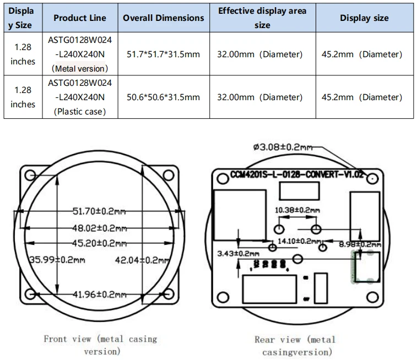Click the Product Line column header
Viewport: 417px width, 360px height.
pos(80,18)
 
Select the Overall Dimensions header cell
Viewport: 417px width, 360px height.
pos(163,18)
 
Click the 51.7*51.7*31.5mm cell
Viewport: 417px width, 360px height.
pos(163,54)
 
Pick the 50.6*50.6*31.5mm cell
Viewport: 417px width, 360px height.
pos(163,97)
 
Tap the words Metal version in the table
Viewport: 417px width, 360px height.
pos(80,69)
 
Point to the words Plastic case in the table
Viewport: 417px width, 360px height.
pos(80,112)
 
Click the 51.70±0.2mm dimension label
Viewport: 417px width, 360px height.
pos(99,211)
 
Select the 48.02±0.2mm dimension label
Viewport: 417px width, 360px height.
pos(100,228)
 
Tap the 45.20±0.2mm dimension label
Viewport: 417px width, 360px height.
pos(100,243)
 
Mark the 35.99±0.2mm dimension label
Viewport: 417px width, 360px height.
pos(57,260)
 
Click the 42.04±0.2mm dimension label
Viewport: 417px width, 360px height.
pos(142,260)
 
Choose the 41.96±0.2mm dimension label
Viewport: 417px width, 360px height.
pos(100,294)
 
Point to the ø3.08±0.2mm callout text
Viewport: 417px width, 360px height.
pos(283,147)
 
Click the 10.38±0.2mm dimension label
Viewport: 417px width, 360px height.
pos(297,210)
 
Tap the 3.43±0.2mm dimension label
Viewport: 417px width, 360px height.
pos(238,253)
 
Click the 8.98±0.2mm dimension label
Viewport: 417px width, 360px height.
pos(360,244)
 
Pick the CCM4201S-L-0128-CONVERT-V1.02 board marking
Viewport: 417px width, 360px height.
pos(297,174)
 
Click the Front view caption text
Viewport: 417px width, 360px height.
pos(100,345)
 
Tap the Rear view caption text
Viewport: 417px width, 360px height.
pos(296,346)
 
